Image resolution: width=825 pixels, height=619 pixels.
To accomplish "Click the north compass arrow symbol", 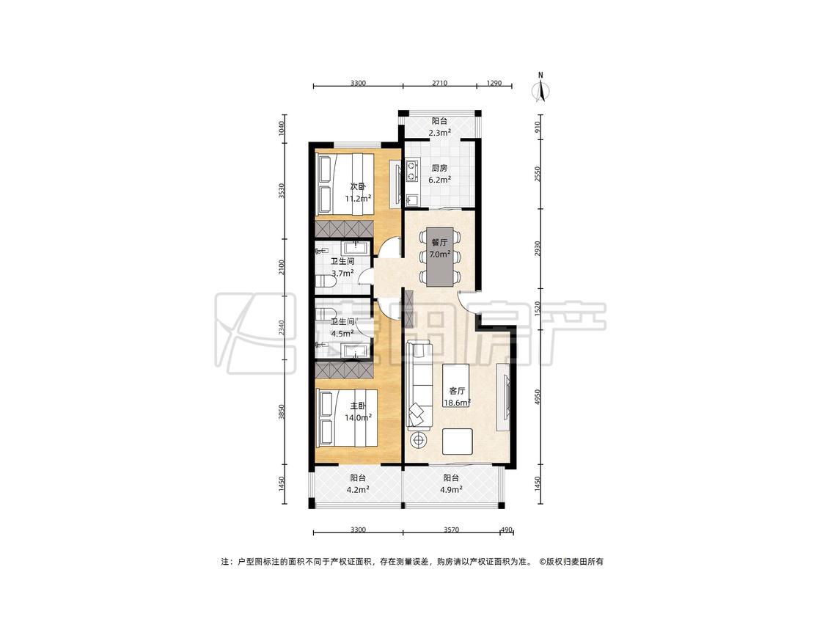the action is (x=541, y=89).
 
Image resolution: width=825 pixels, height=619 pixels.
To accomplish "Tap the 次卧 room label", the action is (x=358, y=186).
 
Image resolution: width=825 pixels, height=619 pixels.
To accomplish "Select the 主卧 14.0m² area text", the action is (x=359, y=418).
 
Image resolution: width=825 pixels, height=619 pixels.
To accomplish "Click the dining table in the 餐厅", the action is (x=439, y=257).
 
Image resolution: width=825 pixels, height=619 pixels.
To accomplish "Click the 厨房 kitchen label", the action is (x=439, y=169).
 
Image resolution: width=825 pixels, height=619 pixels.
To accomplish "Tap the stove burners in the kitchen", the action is (x=411, y=171).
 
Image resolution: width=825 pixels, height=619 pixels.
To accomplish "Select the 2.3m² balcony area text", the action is (x=439, y=133).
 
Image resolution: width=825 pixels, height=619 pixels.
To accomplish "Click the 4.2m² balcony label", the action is (x=358, y=489).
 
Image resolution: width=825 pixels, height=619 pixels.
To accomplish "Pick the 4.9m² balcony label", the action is (x=451, y=489).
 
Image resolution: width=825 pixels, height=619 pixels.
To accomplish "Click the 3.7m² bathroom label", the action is (x=342, y=273).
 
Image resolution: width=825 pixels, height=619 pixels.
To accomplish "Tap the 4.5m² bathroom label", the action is (x=342, y=333).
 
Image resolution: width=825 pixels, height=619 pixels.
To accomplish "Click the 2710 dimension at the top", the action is (x=439, y=83).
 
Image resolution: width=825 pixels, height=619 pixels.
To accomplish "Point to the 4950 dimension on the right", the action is (x=538, y=397).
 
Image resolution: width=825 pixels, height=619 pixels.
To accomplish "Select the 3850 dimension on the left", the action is (x=282, y=411).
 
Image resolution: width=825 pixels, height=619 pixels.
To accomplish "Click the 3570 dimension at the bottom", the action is (x=451, y=530).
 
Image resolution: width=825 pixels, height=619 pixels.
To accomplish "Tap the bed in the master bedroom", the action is (x=347, y=418).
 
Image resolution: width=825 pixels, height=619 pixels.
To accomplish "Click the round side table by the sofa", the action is (x=419, y=439).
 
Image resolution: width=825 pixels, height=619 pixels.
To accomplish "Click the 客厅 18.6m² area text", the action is (x=457, y=397).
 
